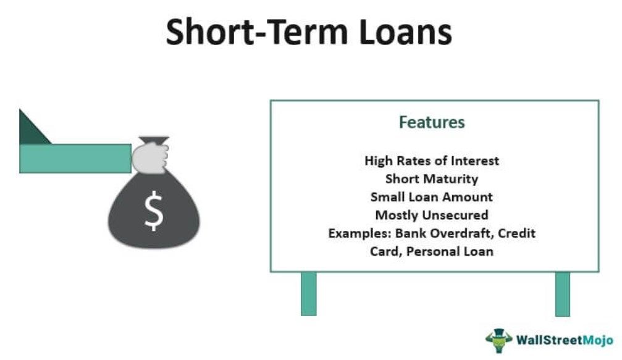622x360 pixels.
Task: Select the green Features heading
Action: (432, 122)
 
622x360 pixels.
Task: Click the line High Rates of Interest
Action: (432, 161)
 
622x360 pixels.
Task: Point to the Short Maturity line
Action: (432, 179)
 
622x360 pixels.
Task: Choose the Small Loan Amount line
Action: (432, 197)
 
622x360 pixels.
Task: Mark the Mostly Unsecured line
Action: (432, 215)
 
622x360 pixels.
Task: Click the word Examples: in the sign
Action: (355, 233)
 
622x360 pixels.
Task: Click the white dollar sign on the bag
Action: (154, 212)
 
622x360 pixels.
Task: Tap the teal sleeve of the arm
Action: (75, 158)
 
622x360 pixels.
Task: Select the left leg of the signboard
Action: (308, 293)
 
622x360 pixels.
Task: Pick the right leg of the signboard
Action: (562, 293)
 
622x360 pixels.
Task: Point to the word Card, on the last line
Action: (385, 251)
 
